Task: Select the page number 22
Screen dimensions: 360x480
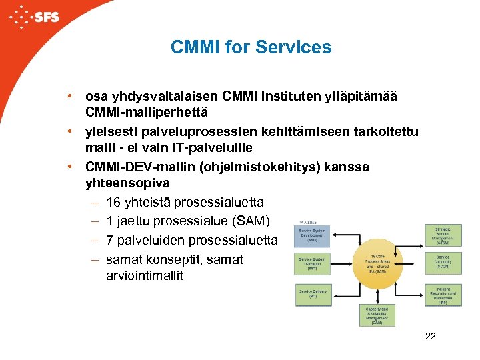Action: (x=430, y=336)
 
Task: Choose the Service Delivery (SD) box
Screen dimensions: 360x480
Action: (x=313, y=294)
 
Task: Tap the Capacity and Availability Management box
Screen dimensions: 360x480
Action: (x=377, y=315)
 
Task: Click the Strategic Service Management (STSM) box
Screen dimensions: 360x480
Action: (x=443, y=235)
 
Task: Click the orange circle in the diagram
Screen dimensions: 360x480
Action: (x=377, y=264)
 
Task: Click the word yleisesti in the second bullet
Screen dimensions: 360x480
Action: (x=109, y=132)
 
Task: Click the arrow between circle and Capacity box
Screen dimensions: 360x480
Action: (x=377, y=296)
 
